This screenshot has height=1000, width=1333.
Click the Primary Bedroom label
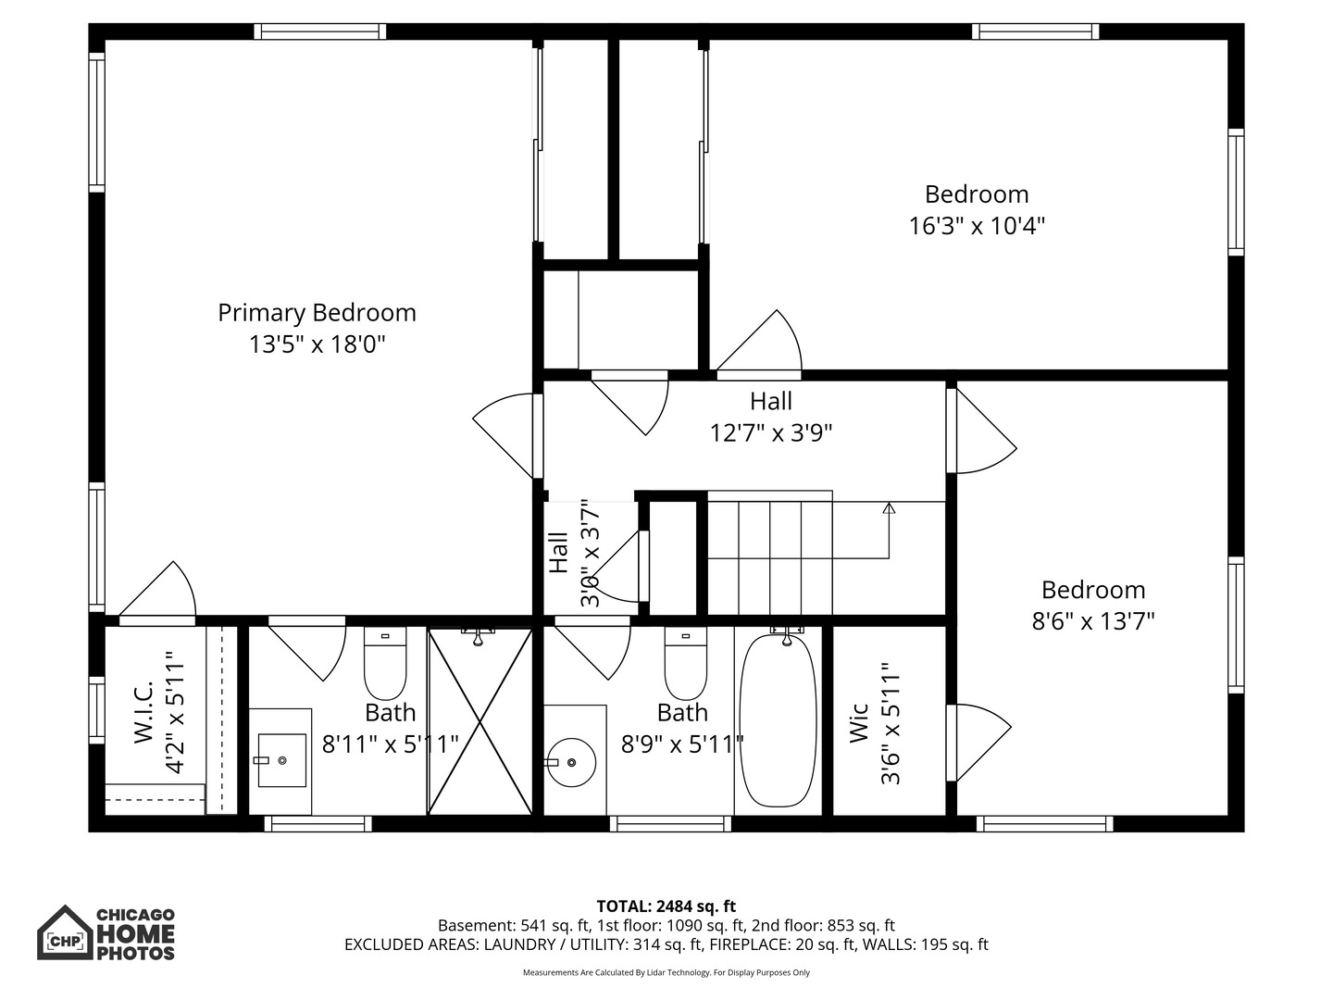[x=317, y=313]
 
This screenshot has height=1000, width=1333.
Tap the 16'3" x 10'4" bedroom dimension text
[x=977, y=226]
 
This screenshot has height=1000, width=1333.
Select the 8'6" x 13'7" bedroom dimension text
[x=1093, y=621]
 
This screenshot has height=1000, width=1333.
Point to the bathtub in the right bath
[x=778, y=720]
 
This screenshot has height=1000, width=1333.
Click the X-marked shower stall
[x=480, y=721]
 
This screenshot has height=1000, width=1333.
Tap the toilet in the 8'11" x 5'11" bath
[x=385, y=664]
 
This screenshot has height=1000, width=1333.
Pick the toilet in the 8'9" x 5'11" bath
[x=686, y=664]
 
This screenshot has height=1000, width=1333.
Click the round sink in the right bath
[x=571, y=763]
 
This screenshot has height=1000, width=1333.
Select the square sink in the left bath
[x=281, y=760]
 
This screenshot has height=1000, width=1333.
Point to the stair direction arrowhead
[x=889, y=508]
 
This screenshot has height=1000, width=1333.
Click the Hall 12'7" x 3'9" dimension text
[x=771, y=433]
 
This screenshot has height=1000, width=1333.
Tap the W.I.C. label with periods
[x=143, y=712]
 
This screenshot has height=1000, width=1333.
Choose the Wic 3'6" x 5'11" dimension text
[x=891, y=723]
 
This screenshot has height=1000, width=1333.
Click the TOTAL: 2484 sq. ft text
[x=666, y=906]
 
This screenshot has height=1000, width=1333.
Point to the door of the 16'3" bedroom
[x=759, y=343]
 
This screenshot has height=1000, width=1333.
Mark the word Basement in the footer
[x=477, y=926]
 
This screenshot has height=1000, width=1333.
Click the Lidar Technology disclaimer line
[x=666, y=972]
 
